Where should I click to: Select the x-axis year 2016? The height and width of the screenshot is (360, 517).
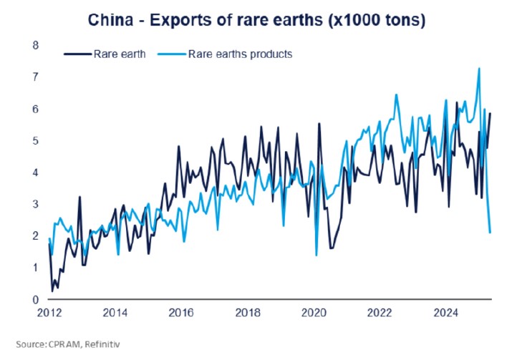click(x=182, y=313)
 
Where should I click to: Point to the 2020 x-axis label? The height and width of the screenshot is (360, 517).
click(x=314, y=313)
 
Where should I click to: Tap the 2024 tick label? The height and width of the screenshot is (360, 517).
click(x=447, y=313)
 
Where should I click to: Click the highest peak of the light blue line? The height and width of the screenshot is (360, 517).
click(x=478, y=69)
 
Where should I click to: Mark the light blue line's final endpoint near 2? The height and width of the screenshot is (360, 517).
click(x=490, y=233)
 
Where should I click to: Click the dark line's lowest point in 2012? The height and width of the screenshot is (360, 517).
click(x=52, y=291)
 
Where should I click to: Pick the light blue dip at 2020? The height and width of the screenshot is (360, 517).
click(x=316, y=255)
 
